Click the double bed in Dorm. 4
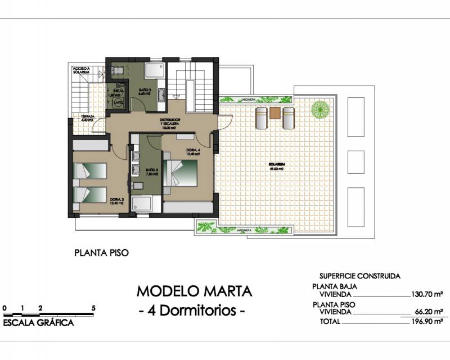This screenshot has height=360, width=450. [184, 174]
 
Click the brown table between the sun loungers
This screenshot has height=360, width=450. [274, 113]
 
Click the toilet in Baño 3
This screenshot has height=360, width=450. [137, 186]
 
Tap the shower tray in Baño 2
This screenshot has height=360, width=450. [155, 70]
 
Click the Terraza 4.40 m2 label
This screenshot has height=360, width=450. [87, 118]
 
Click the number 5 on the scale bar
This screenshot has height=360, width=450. [93, 308]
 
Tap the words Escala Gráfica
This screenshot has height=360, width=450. [38, 323]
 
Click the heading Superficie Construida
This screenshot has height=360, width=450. [359, 276]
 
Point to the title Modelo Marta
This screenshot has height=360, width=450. [194, 291]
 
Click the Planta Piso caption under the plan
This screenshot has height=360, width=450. [102, 253]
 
